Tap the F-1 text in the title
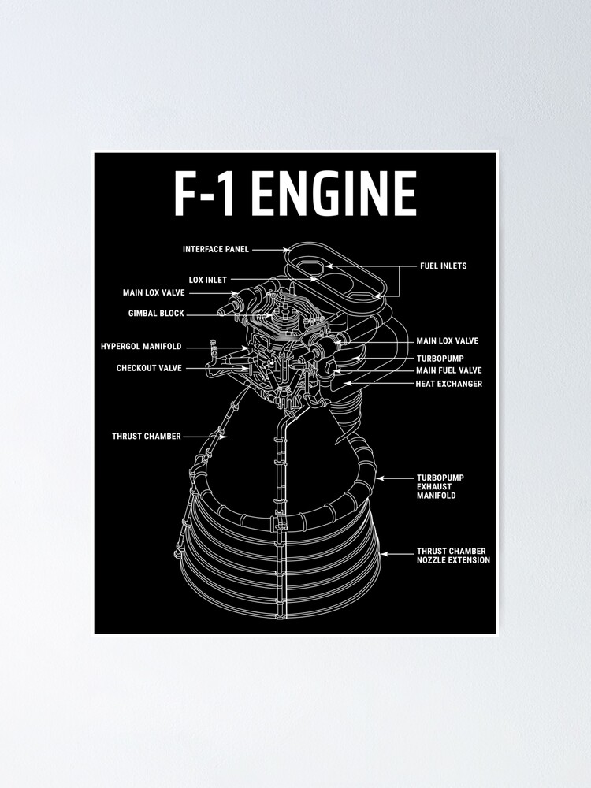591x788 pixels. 206,194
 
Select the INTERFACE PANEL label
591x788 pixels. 215,249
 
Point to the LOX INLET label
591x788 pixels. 207,280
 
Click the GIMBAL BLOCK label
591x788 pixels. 156,313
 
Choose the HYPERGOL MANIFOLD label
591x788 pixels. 141,346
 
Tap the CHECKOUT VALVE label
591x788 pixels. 149,368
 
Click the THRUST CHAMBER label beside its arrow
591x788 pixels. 146,436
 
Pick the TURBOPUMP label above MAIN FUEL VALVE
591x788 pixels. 440,358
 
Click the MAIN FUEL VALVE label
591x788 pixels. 448,370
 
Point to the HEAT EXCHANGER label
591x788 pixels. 448,384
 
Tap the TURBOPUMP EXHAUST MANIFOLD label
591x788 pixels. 436,486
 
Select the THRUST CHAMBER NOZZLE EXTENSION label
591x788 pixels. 452,556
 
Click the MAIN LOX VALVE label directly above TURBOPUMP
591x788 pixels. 447,341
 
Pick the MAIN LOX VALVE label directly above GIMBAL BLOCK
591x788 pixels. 154,292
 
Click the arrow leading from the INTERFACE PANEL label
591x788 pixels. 272,249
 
